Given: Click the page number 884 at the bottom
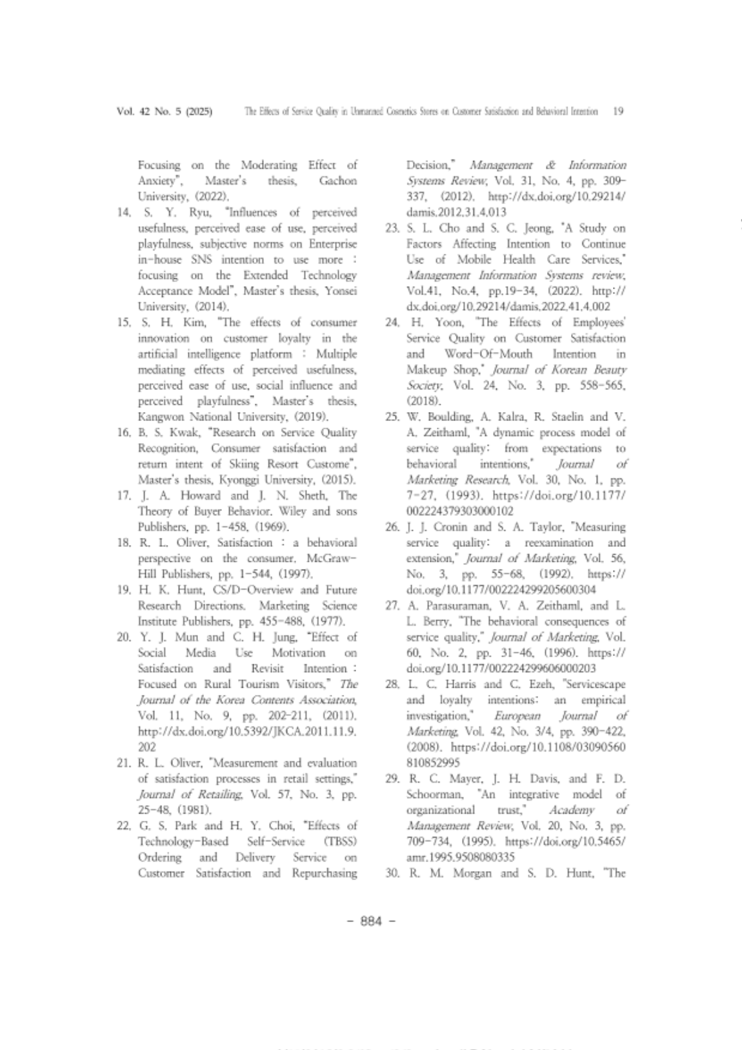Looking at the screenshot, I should (x=371, y=921).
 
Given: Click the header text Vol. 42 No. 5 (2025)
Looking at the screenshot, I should (x=165, y=111).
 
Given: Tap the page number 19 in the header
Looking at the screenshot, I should (x=618, y=111).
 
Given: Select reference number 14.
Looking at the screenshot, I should (x=124, y=212).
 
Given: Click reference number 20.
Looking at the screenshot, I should (x=124, y=637).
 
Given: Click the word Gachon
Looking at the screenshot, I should (x=337, y=181).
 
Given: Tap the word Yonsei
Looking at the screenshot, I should (x=339, y=291).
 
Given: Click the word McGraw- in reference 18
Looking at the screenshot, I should (x=332, y=558).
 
